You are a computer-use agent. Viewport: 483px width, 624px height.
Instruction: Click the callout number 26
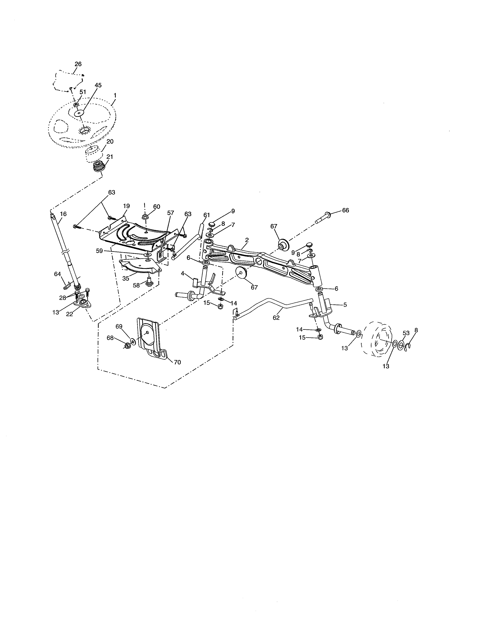(78, 64)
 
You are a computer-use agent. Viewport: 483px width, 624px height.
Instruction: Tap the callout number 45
(98, 85)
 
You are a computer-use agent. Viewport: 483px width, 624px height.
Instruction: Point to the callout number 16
(63, 214)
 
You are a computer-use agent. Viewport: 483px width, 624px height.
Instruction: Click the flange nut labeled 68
(127, 346)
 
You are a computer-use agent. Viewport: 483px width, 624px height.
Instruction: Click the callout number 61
(207, 215)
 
